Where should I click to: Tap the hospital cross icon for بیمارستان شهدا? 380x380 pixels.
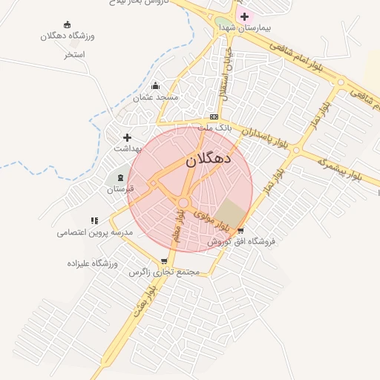tap(244, 16)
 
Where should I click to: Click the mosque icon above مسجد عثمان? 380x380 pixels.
tap(155, 86)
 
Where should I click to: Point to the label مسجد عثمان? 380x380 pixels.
tap(156, 97)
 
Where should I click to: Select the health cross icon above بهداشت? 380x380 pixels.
tap(127, 137)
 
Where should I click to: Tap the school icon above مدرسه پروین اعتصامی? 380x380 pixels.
tap(94, 220)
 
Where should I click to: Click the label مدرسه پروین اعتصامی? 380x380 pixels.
tap(94, 232)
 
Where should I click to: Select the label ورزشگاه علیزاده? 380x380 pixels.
tap(93, 263)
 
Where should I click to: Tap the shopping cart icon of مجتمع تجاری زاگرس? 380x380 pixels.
tap(164, 261)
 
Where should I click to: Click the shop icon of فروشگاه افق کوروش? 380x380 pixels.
tap(240, 231)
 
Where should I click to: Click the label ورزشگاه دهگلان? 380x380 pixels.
tap(67, 36)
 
